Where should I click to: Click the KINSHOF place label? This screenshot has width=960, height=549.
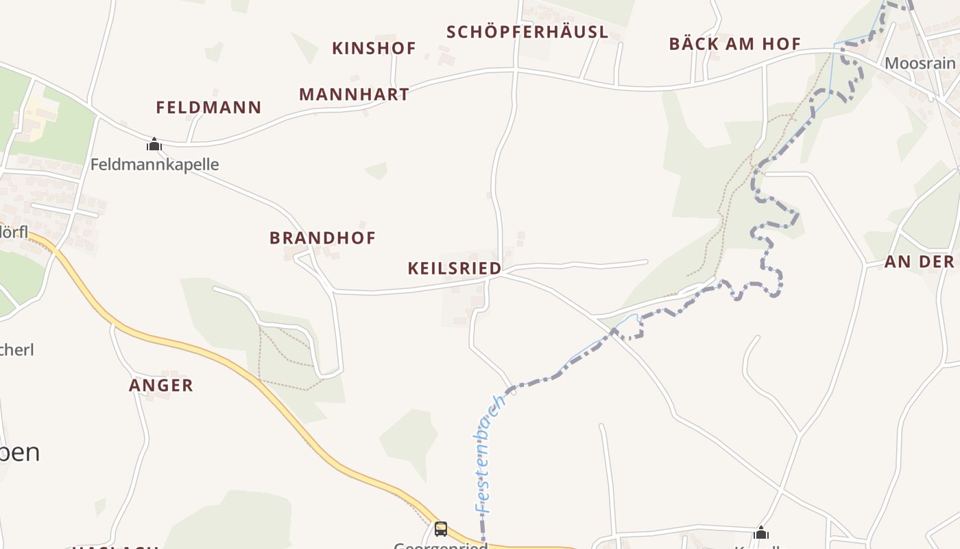click(x=374, y=48)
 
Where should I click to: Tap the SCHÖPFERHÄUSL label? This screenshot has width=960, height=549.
click(x=527, y=32)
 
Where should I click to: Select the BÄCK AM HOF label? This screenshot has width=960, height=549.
click(x=734, y=44)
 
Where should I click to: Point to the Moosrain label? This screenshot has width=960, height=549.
click(x=920, y=63)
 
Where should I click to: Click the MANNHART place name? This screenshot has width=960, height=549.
click(x=354, y=94)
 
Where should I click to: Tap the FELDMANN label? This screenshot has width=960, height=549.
click(x=208, y=107)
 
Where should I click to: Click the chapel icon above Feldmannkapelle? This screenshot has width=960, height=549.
click(x=154, y=144)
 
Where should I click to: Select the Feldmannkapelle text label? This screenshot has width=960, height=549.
click(x=154, y=164)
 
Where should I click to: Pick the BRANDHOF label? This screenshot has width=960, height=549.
click(x=322, y=237)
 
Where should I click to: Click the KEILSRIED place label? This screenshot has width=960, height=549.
click(x=454, y=268)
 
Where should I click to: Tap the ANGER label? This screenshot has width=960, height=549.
click(x=161, y=385)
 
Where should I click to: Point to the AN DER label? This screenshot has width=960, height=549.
click(x=919, y=261)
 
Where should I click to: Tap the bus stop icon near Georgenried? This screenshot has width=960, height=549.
click(x=441, y=529)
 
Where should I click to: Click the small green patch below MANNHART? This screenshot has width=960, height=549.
click(x=376, y=170)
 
